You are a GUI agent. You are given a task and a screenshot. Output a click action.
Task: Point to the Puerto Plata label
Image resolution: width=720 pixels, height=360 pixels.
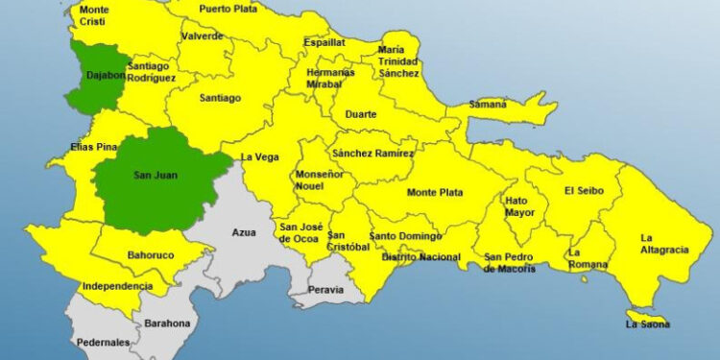[228, 10]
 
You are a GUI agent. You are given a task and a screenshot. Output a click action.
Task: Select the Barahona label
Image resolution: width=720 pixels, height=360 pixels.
[167, 324]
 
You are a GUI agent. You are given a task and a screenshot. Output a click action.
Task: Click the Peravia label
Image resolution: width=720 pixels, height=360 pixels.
[326, 289]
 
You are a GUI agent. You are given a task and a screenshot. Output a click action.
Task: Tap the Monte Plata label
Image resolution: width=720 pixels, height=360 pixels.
[435, 192]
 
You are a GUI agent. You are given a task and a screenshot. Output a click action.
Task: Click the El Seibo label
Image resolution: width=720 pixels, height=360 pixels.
[584, 190]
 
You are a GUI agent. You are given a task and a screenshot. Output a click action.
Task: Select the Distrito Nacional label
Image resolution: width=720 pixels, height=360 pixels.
[421, 257]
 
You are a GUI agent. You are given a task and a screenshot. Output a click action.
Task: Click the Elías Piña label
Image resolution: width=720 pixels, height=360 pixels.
[93, 148]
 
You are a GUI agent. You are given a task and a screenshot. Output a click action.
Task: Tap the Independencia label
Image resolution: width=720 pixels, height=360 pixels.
[117, 286]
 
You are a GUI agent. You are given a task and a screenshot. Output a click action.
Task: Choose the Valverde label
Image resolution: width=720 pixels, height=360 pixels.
[202, 36]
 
